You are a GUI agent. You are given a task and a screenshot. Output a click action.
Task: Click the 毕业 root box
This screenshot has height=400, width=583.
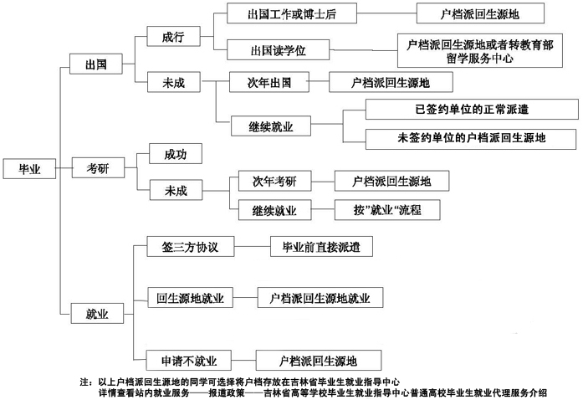[x=30, y=168]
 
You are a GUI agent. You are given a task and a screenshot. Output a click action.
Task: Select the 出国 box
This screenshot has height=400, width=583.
[x=96, y=64]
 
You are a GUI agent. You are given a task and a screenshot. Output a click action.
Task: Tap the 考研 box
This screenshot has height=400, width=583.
[x=98, y=168]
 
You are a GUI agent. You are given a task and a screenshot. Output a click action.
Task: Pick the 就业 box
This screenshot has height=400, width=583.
[x=97, y=313]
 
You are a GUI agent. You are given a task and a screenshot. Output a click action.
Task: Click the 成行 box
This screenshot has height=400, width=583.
[x=174, y=36]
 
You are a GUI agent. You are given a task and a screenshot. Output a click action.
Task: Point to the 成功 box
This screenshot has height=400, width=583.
[x=176, y=154]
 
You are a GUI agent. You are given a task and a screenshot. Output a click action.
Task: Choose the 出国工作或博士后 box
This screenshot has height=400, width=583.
[x=292, y=13]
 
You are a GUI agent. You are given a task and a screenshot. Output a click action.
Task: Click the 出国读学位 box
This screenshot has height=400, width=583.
[x=278, y=49]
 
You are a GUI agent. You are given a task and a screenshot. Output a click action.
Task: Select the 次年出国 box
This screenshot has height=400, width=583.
[x=269, y=82]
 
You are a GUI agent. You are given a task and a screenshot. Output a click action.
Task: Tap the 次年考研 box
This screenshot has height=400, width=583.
[x=274, y=181]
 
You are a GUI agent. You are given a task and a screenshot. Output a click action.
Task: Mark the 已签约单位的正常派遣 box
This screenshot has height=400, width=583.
[x=472, y=109]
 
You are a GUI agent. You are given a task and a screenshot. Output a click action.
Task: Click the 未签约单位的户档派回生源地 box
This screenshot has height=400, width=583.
[x=471, y=139]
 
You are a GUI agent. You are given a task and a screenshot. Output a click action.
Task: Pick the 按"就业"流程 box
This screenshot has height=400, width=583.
[x=387, y=210]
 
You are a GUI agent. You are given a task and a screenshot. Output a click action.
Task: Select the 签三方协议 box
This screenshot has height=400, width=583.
[x=191, y=246]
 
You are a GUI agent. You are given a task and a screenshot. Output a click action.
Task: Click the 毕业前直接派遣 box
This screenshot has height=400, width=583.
[x=321, y=246]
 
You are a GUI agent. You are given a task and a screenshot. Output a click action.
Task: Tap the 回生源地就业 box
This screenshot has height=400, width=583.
[x=191, y=297]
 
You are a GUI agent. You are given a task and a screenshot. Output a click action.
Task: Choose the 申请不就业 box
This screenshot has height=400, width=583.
[x=189, y=360]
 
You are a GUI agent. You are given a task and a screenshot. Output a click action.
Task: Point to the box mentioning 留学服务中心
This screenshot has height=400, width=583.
[x=480, y=50]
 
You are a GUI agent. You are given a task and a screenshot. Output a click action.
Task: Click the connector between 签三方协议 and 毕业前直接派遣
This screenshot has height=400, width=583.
[x=253, y=246]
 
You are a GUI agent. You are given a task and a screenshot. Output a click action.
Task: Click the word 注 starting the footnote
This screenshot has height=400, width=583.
[x=84, y=382]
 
